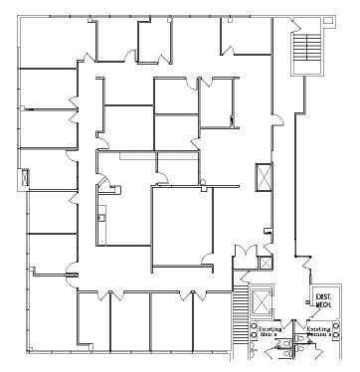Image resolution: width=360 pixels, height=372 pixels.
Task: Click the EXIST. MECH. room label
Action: [x=322, y=300]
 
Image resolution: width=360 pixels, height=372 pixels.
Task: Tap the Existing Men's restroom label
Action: [x=270, y=331]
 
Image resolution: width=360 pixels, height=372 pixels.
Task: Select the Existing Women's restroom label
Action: [x=318, y=331]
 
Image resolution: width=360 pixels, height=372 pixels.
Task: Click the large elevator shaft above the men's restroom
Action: [x=261, y=299]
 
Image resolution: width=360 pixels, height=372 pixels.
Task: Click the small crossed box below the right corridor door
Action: [x=265, y=264]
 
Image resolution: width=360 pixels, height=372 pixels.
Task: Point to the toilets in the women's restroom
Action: [x=320, y=345]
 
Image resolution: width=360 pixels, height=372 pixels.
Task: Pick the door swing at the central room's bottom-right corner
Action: [x=205, y=261]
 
